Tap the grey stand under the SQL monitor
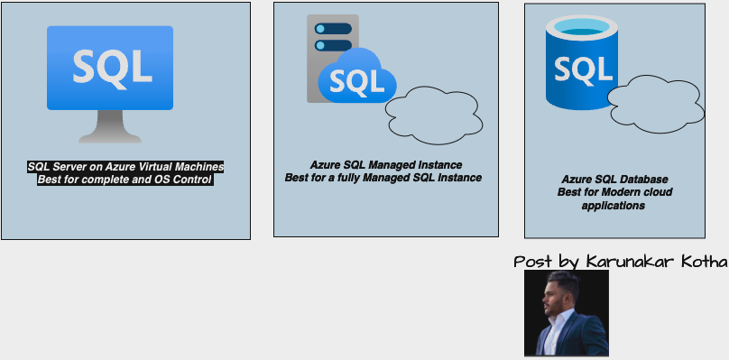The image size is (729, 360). point(109,128)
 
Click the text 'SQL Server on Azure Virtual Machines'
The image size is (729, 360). point(125,167)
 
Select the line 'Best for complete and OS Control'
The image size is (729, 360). point(125,180)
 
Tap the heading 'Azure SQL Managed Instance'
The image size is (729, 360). point(386,165)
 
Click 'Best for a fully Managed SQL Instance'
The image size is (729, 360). point(383,178)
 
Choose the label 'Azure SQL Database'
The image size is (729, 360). point(614,180)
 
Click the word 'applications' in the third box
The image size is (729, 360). point(614,206)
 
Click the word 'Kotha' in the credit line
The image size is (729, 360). point(705,262)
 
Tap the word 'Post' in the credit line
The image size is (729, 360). point(532,262)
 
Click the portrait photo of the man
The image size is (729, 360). point(567,313)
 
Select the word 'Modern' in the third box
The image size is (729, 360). point(624,192)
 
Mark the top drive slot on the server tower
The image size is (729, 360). point(332,28)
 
